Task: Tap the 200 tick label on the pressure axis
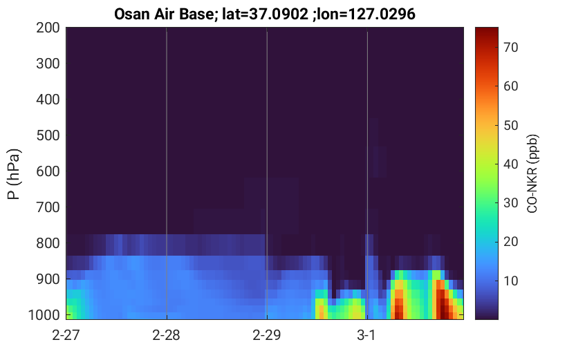coord(48,28)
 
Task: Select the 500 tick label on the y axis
coord(48,135)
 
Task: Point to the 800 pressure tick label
coord(48,243)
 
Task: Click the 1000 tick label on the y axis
coord(44,315)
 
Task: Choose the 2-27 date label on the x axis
coord(66,335)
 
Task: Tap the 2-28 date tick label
coord(167,335)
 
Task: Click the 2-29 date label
coord(267,335)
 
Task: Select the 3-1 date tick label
coord(366,335)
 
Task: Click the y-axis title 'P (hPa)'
coord(14,174)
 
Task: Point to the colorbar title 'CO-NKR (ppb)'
coord(532,173)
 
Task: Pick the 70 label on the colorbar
coord(510,48)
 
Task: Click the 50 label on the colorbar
coord(510,125)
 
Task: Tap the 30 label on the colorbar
coord(510,203)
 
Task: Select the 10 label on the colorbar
coord(510,281)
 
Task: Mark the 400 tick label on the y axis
coord(48,100)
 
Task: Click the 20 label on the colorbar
coord(510,242)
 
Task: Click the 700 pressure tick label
coord(48,207)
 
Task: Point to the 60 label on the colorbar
coord(510,86)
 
